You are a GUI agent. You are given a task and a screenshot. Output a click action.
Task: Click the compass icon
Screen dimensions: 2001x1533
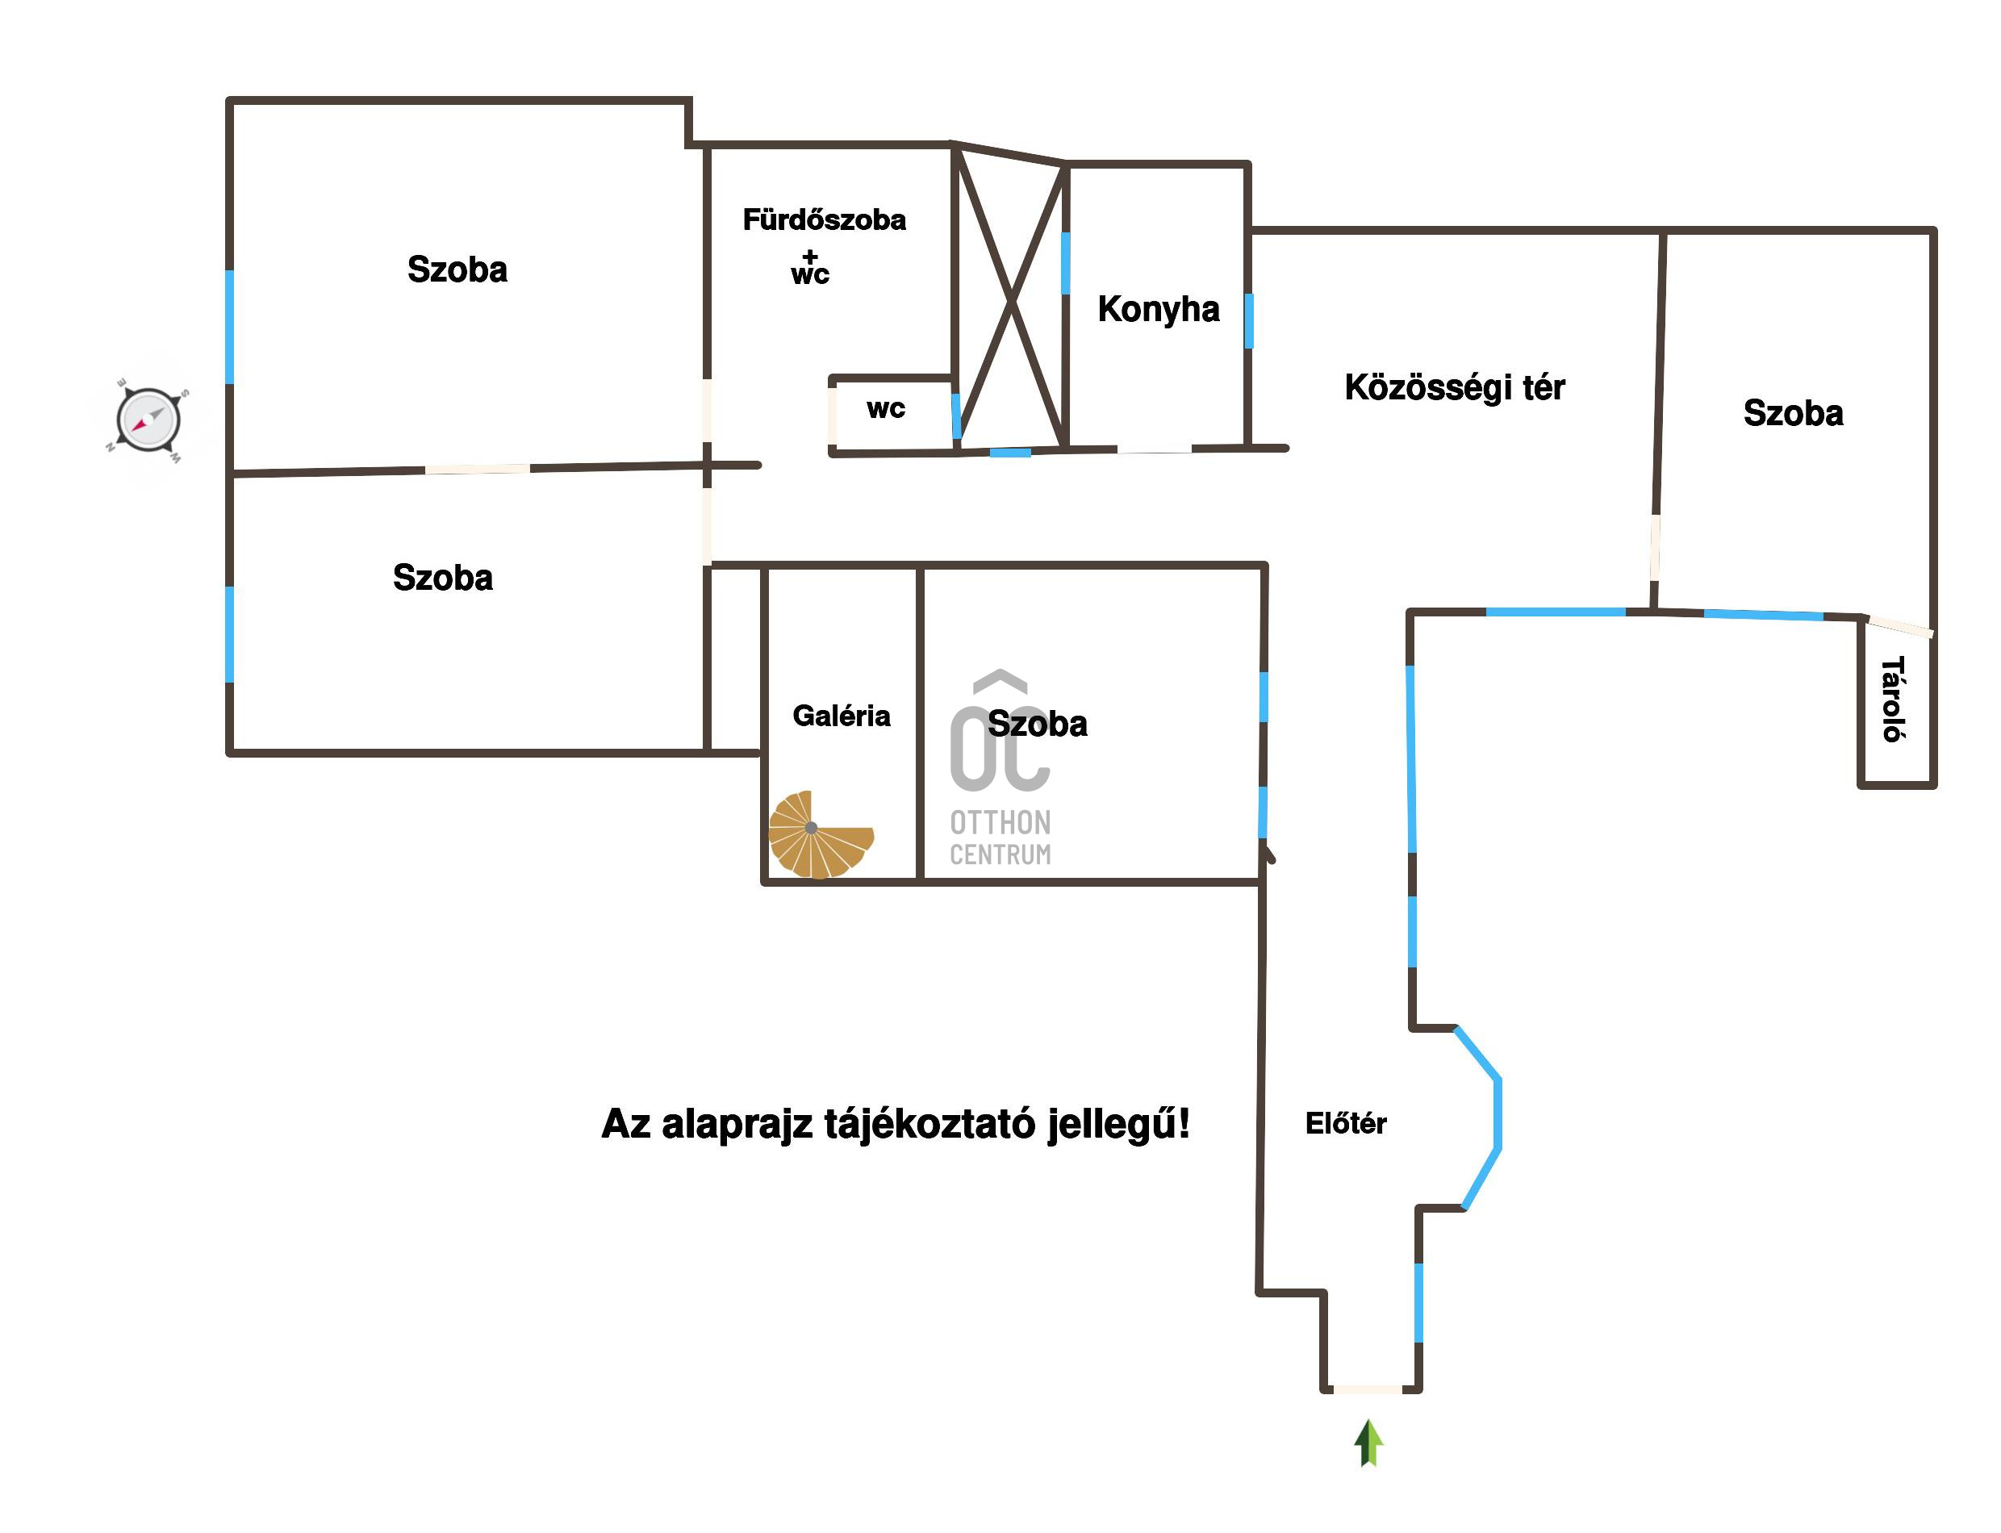[x=148, y=420]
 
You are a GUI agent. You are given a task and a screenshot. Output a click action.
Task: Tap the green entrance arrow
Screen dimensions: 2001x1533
[x=1368, y=1443]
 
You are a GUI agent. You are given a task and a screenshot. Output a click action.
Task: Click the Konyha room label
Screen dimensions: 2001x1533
[x=1158, y=309]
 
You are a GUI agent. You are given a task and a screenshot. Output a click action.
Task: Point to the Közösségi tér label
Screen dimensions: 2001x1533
[x=1455, y=388]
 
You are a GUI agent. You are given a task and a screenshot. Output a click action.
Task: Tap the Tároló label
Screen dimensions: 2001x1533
[x=1894, y=699]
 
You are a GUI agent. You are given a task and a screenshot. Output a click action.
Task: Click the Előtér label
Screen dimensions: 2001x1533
[x=1346, y=1123]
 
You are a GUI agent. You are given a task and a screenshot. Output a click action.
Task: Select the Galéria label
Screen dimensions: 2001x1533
[x=842, y=716]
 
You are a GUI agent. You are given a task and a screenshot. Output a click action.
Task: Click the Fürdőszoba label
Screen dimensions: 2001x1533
[x=824, y=220]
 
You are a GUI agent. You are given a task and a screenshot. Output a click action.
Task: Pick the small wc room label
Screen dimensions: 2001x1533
[x=886, y=409]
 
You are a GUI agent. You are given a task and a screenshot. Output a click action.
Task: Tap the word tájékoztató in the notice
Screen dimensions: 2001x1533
[x=929, y=1125]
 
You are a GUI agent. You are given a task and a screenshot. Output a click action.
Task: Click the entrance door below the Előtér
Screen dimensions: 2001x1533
[x=1368, y=1389]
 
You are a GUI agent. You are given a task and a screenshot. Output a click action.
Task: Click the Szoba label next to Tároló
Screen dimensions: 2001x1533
[x=1793, y=413]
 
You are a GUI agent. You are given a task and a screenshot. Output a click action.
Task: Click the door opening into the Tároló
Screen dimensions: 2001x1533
[x=1899, y=627]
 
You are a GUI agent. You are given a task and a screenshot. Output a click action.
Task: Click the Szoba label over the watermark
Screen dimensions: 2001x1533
[x=1038, y=725]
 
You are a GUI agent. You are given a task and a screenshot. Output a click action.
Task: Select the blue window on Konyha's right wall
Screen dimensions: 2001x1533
[x=1248, y=320]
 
